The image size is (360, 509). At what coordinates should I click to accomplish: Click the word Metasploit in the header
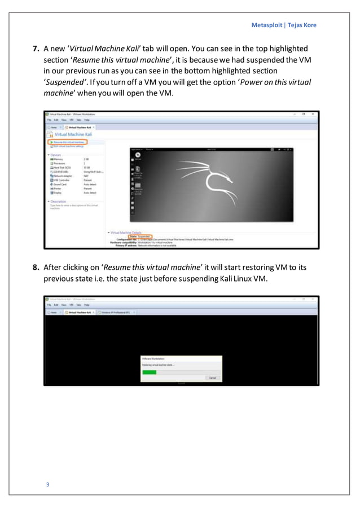click(x=267, y=24)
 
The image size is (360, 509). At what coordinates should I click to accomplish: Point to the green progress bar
click(x=150, y=372)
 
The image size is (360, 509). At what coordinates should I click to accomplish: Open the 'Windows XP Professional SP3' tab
click(x=116, y=311)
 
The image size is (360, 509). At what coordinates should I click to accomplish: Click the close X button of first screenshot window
click(x=314, y=114)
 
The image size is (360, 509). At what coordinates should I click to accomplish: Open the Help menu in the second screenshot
click(x=87, y=304)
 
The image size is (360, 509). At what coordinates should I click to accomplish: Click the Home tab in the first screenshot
click(x=52, y=128)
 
